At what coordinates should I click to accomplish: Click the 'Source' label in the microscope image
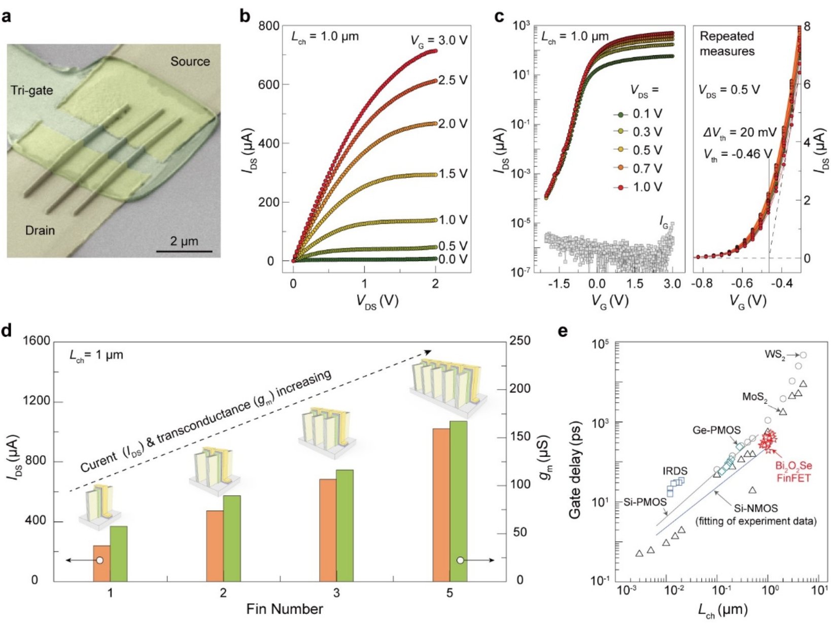click(190, 61)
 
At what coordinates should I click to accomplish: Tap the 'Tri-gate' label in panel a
click(32, 91)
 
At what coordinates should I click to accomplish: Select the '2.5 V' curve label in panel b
click(453, 81)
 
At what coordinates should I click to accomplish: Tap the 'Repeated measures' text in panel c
click(727, 44)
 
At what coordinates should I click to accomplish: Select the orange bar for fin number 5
click(441, 504)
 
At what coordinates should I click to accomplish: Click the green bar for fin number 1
click(119, 553)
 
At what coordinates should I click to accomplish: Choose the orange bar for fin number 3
click(328, 530)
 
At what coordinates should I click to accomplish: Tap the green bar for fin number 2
click(232, 538)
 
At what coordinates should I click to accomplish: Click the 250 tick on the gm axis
click(521, 341)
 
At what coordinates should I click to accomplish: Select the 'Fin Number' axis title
click(285, 609)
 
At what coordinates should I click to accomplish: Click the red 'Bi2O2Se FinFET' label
click(793, 471)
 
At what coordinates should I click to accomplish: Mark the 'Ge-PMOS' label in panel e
click(716, 430)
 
